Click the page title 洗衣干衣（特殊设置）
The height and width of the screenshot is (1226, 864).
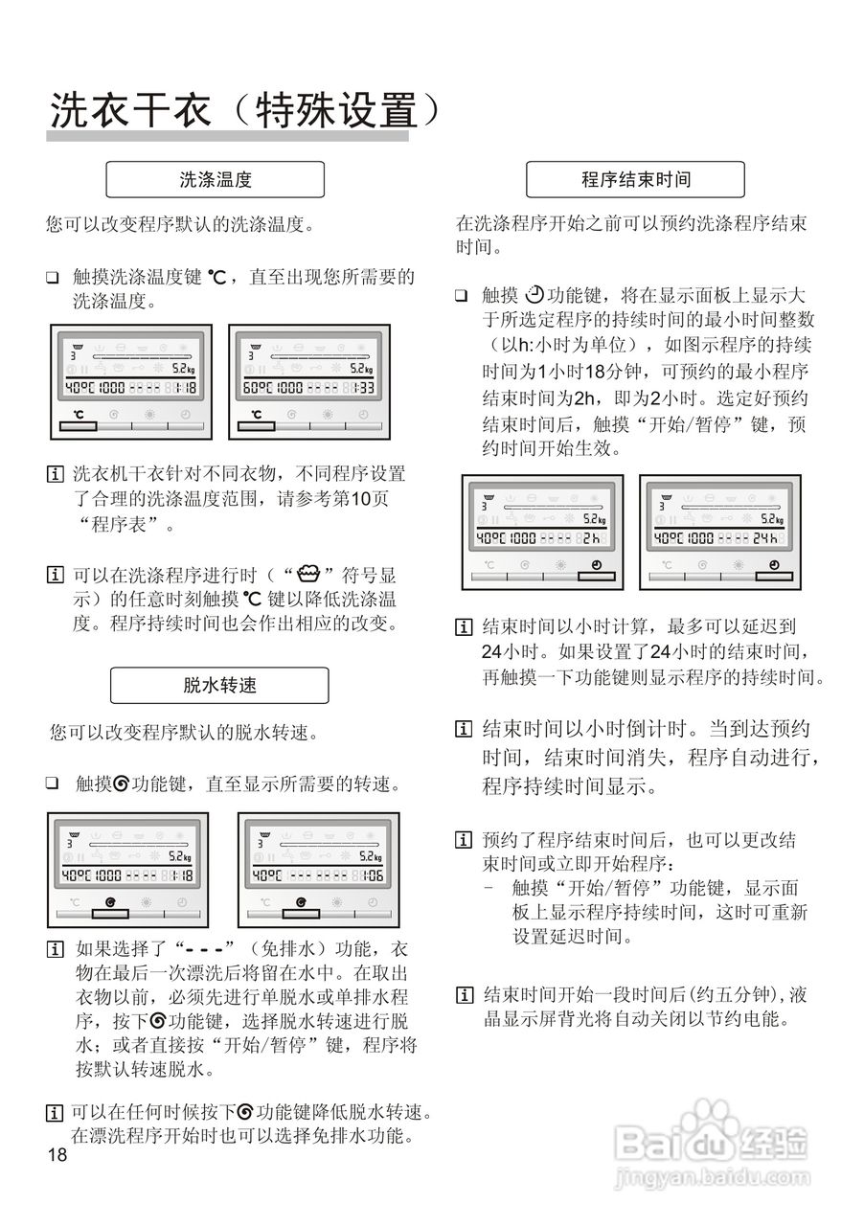click(x=245, y=110)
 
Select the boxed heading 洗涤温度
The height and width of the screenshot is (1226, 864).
click(x=215, y=179)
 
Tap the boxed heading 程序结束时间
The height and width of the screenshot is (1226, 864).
click(x=635, y=179)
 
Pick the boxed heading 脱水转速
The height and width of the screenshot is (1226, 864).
click(x=219, y=685)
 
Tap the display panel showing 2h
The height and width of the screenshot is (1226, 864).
click(x=542, y=533)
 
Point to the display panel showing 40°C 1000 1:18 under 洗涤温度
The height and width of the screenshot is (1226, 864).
click(x=130, y=380)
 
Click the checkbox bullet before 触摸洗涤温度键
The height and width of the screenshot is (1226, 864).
click(x=53, y=278)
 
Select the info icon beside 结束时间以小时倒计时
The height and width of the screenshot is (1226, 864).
click(x=464, y=729)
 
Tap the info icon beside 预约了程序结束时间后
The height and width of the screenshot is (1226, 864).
click(x=464, y=840)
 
